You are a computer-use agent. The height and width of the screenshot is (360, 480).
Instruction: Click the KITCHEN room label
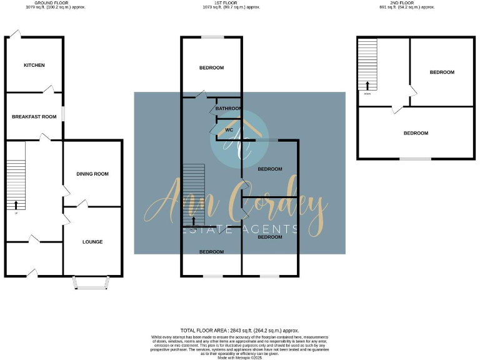click(x=34, y=65)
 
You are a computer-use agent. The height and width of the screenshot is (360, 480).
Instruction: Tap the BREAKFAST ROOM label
click(x=34, y=116)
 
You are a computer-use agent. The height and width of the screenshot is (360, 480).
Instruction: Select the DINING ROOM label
click(x=92, y=174)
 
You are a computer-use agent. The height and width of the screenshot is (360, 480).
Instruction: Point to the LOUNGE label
click(x=92, y=241)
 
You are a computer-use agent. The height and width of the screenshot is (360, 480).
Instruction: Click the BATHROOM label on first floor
click(x=228, y=108)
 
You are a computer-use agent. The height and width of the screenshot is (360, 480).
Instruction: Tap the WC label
click(x=228, y=131)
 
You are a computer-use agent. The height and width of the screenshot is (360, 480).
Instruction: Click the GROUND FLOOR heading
click(x=51, y=3)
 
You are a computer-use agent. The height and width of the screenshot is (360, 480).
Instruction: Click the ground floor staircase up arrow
click(x=16, y=204)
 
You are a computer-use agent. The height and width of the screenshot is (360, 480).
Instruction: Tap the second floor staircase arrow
click(x=367, y=86)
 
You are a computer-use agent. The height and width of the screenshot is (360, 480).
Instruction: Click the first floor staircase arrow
click(x=194, y=219)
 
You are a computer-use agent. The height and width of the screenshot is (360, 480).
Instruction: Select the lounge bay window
click(x=91, y=282)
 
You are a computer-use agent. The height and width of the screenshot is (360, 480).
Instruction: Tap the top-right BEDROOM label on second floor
click(x=442, y=72)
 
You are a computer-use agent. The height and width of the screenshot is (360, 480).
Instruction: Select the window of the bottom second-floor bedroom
click(x=415, y=159)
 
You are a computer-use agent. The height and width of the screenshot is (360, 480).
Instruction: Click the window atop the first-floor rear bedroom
click(x=212, y=37)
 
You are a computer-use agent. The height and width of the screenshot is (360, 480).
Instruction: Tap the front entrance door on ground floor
click(x=32, y=272)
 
